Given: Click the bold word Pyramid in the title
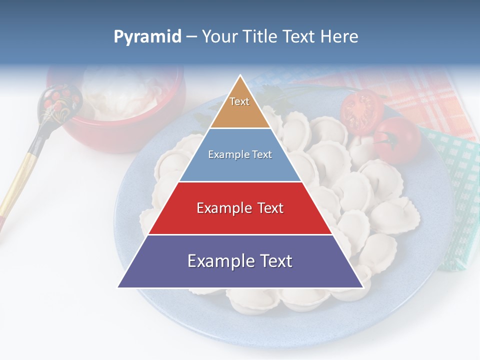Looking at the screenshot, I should (x=147, y=37).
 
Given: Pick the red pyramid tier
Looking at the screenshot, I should (x=240, y=208).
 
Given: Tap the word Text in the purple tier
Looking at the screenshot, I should (x=273, y=261).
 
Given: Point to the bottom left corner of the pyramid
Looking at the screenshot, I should (x=118, y=287).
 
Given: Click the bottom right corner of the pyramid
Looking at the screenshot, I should (x=363, y=287).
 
